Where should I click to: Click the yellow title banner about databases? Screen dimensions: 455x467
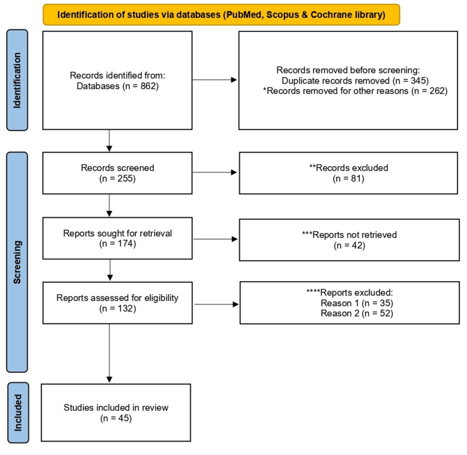[221, 14]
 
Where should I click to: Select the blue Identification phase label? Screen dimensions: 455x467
[18, 80]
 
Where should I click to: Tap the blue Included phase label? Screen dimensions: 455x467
[18, 411]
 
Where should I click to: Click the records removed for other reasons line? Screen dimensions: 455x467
[355, 91]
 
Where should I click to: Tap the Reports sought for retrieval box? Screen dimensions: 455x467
[117, 240]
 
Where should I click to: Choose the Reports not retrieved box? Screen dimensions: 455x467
[348, 240]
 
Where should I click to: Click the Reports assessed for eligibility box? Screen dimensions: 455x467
[117, 303]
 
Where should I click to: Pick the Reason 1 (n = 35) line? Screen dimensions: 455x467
[357, 303]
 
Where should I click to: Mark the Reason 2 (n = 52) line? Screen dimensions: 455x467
[357, 313]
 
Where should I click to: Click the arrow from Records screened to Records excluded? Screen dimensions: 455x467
[215, 172]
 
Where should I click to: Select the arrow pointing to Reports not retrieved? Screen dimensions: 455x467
[215, 240]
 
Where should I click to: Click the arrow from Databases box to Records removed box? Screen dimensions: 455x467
[215, 80]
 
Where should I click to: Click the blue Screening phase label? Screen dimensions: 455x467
[18, 262]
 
